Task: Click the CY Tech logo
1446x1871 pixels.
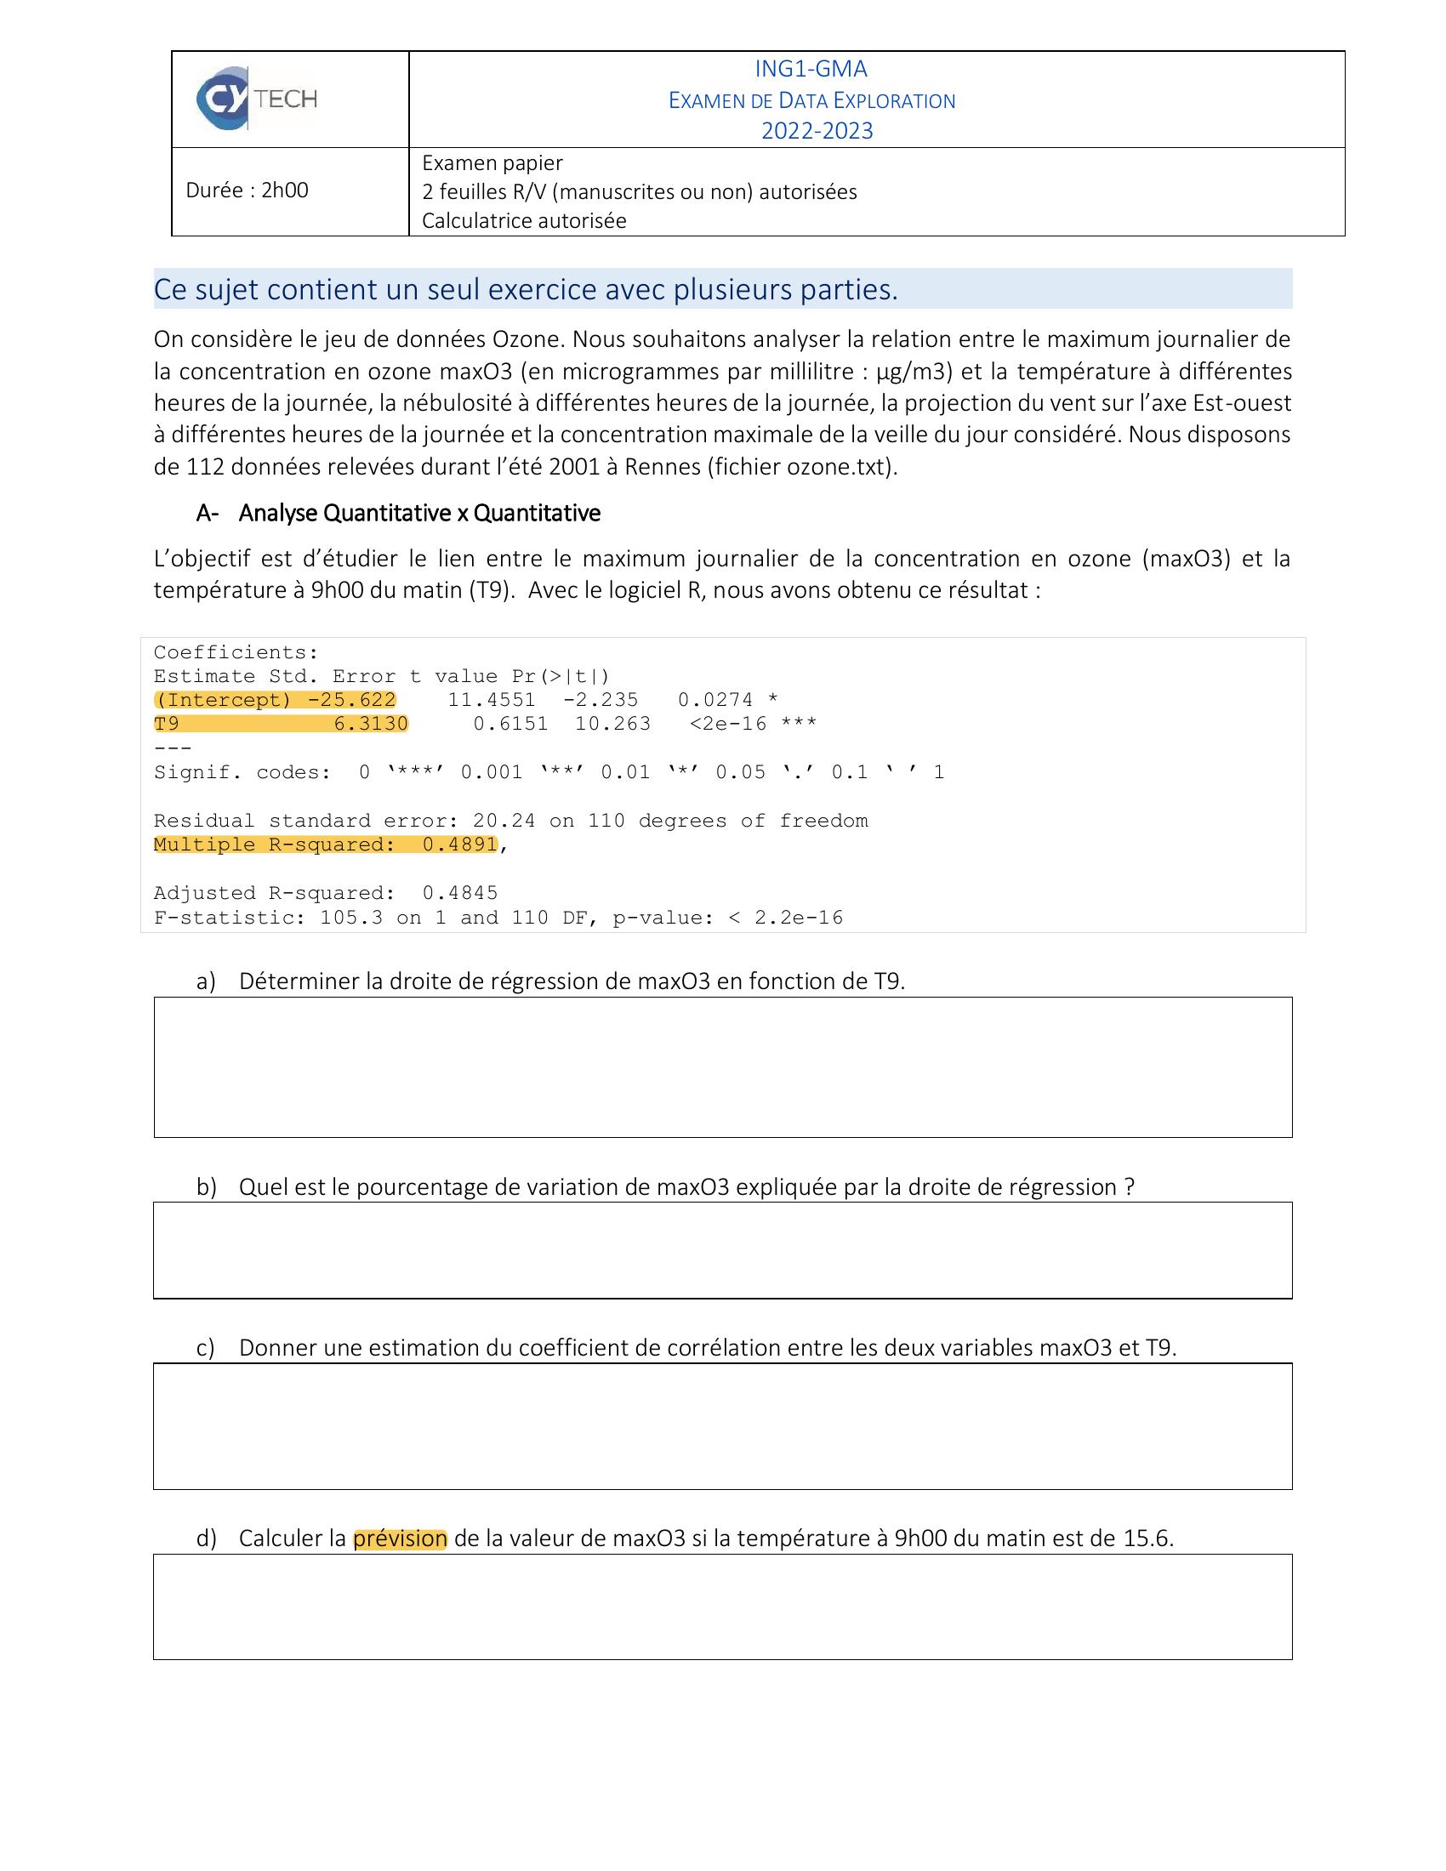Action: point(256,100)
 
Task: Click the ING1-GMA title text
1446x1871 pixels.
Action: point(811,69)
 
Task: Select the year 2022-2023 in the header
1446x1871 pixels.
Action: point(817,131)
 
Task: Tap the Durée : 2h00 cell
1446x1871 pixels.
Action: point(247,191)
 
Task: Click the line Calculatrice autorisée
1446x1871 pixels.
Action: point(523,221)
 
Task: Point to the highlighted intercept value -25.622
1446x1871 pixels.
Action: point(351,700)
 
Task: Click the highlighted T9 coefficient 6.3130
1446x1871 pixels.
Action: point(370,724)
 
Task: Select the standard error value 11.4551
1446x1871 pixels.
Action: point(491,700)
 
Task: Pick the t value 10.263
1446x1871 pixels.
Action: point(612,724)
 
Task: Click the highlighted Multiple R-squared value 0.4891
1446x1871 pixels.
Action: point(459,845)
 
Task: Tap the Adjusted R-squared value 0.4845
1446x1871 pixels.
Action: point(459,894)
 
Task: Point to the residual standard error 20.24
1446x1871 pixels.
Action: point(504,821)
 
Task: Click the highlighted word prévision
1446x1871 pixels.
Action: point(400,1538)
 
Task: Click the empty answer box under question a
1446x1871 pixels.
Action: point(722,1067)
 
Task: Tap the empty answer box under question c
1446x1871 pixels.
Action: point(722,1426)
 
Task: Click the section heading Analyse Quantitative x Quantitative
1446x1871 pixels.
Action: point(418,513)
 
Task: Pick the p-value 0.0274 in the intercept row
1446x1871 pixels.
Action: point(714,700)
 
